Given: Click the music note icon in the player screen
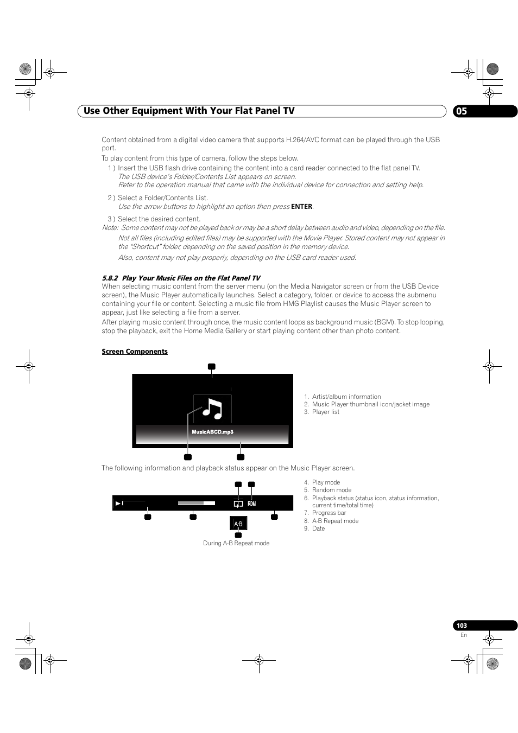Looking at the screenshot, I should tap(212, 409).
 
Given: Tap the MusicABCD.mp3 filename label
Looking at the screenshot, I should tap(212, 432).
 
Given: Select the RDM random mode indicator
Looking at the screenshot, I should tap(251, 504).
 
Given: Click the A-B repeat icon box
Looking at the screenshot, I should tap(238, 524).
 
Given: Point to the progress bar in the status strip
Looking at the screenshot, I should tap(196, 503).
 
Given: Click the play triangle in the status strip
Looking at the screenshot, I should tap(118, 503).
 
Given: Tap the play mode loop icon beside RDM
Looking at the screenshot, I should tap(238, 504).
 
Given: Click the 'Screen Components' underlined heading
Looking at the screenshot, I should tap(135, 352).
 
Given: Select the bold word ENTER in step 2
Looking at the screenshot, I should tap(301, 207).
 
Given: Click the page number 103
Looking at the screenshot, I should tap(462, 626).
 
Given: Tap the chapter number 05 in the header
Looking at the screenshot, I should tap(461, 111).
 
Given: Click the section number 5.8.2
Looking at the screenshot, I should tap(110, 278).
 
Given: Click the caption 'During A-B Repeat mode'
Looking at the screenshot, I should tap(236, 543).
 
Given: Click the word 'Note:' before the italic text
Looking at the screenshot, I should tap(110, 228).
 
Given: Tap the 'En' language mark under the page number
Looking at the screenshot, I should tap(463, 635).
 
